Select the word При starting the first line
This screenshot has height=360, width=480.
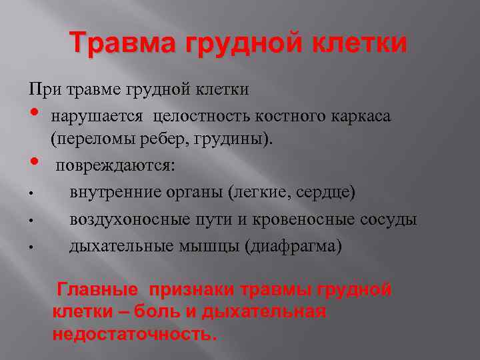(39, 89)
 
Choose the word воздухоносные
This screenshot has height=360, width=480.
(124, 219)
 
